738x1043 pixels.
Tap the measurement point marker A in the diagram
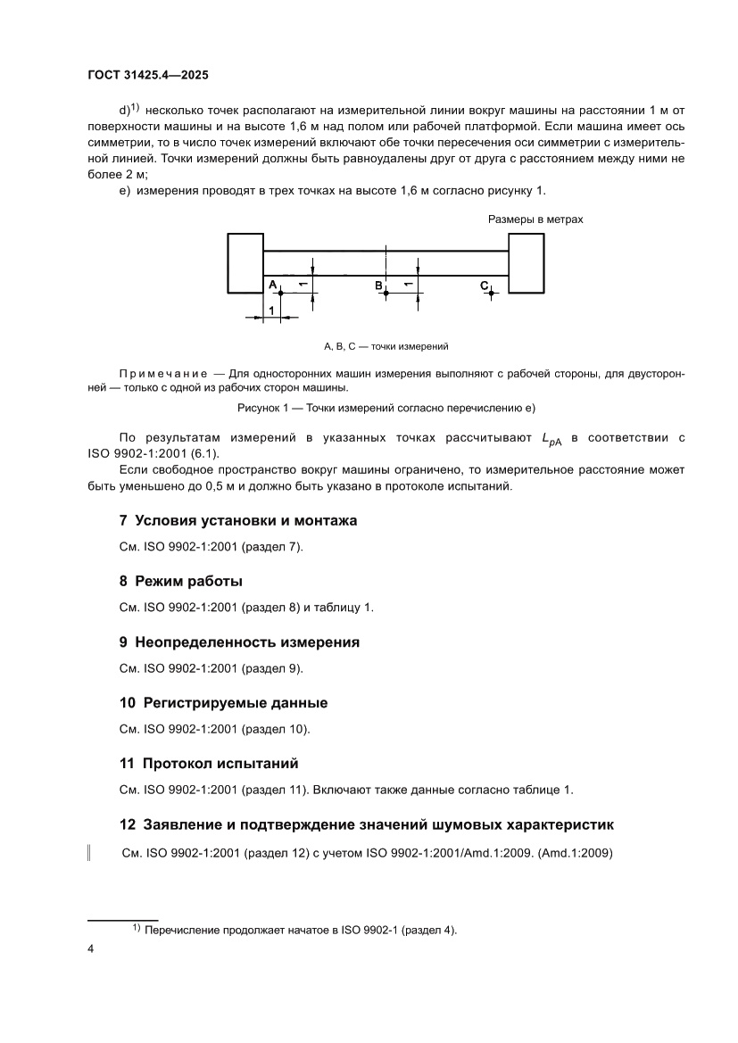tap(280, 292)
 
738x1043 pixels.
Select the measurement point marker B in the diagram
tap(386, 292)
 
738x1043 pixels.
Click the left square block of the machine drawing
tap(245, 262)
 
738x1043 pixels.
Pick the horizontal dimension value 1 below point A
tap(271, 309)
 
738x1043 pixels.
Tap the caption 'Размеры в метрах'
tap(535, 219)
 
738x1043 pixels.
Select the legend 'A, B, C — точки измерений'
tap(386, 345)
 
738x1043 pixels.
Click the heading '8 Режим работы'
tap(181, 581)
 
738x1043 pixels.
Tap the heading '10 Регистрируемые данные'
tap(223, 702)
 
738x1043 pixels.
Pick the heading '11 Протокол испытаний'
tap(209, 763)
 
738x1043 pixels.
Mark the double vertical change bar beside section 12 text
tap(88, 853)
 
